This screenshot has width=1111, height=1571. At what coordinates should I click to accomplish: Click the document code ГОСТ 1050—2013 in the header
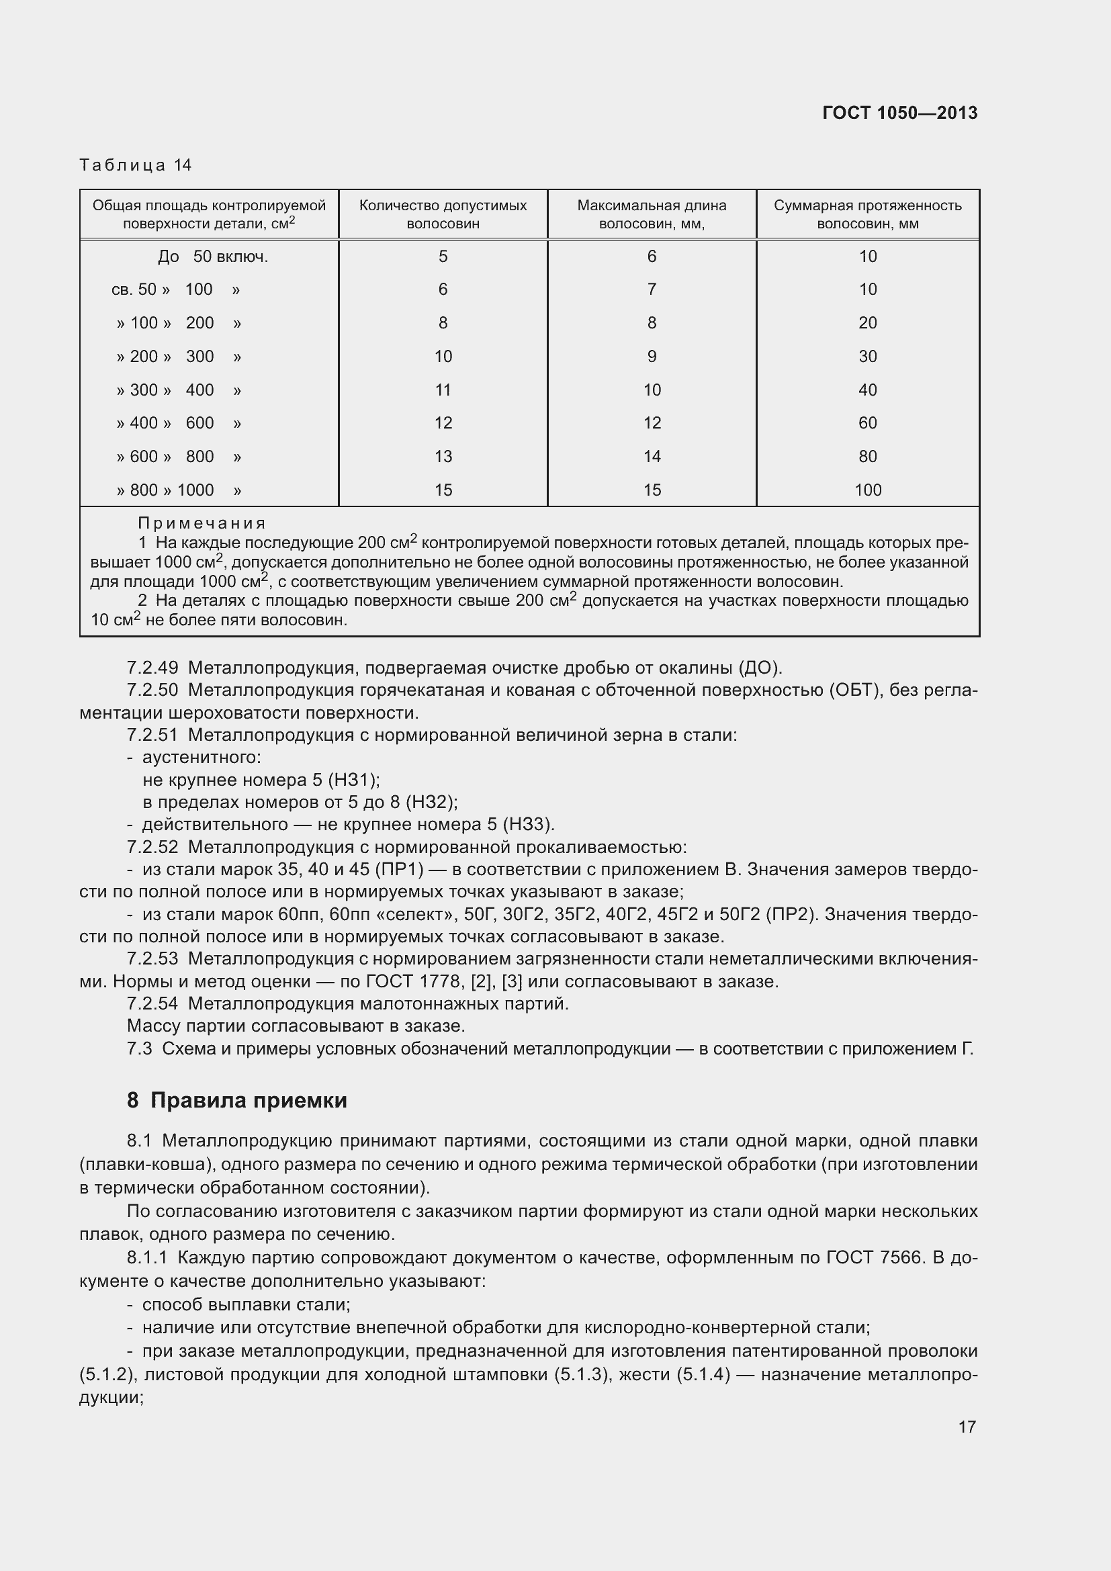click(x=899, y=113)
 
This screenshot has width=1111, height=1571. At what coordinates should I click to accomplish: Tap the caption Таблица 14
click(x=136, y=165)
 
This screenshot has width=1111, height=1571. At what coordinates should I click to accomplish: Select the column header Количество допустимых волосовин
click(x=443, y=214)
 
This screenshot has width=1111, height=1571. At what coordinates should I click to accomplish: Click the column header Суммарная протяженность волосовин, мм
click(x=867, y=214)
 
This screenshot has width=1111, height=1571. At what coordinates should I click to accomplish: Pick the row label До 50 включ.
click(x=213, y=257)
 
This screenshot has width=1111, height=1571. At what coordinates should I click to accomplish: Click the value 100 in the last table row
click(x=867, y=490)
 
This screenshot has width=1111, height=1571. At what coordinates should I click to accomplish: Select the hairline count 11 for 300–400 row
click(x=443, y=390)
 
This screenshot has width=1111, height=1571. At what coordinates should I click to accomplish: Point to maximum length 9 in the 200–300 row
click(x=652, y=357)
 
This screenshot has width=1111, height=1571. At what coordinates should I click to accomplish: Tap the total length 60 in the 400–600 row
click(x=867, y=423)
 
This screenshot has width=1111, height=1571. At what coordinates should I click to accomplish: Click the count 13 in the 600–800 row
click(x=443, y=456)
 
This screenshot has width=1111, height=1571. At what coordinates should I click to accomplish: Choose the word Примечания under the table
click(x=202, y=523)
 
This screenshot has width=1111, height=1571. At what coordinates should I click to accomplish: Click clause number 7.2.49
click(x=152, y=668)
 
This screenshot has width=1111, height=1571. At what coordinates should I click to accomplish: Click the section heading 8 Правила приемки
click(x=236, y=1099)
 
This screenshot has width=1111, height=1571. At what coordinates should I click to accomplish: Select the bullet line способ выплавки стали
click(x=246, y=1305)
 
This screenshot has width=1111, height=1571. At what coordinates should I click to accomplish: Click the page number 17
click(x=967, y=1427)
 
